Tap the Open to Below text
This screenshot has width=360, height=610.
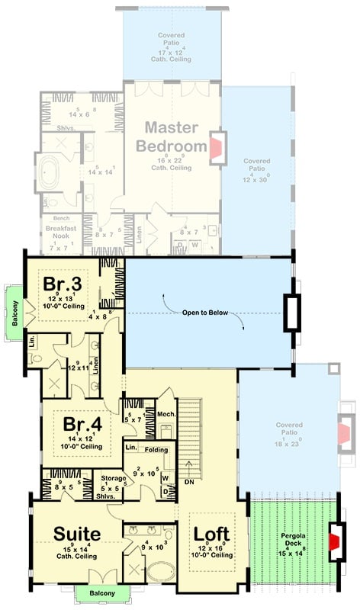tap(203, 313)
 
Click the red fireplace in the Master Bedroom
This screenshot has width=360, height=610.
tap(218, 148)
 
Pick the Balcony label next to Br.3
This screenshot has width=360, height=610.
tap(14, 311)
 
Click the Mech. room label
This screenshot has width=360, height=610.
tap(167, 414)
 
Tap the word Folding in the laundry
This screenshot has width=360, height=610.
tap(156, 450)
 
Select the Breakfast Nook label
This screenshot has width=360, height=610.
tap(58, 236)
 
